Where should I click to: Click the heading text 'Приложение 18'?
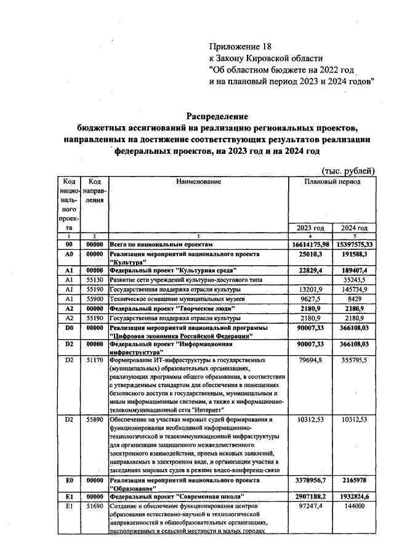pos(240,46)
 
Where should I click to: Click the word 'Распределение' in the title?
pos(217,116)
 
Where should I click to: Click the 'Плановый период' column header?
pos(332,182)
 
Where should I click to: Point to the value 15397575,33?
pos(355,244)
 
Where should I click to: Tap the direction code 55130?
pos(95,280)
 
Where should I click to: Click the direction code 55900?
pos(95,298)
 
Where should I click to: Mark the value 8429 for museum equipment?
pos(355,298)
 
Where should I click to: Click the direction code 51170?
pos(95,359)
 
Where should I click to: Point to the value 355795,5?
pos(355,359)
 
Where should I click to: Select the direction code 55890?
pos(95,419)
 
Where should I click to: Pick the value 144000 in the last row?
pos(355,505)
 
